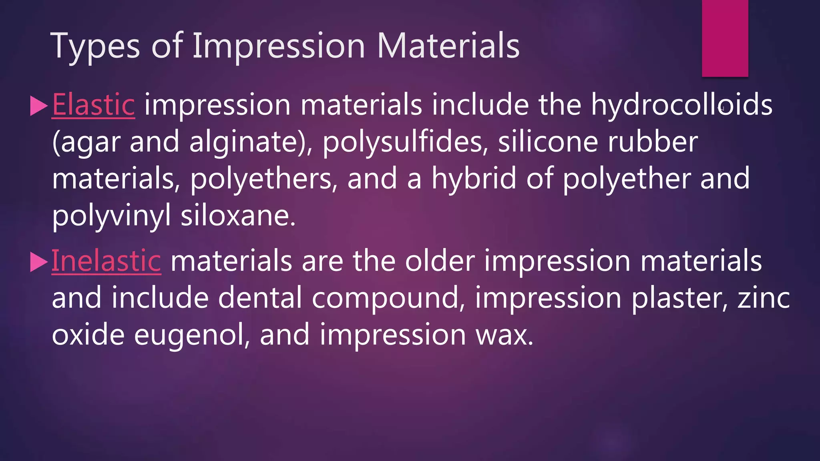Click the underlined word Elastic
click(93, 105)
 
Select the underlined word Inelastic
click(106, 261)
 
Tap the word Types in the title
click(95, 46)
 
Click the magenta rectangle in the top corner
click(725, 38)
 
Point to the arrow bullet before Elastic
click(39, 106)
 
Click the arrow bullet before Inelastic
click(39, 263)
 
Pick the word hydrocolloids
click(681, 105)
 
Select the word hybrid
click(474, 179)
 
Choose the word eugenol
click(189, 335)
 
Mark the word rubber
click(653, 142)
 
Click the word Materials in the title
click(448, 46)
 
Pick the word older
click(440, 261)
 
